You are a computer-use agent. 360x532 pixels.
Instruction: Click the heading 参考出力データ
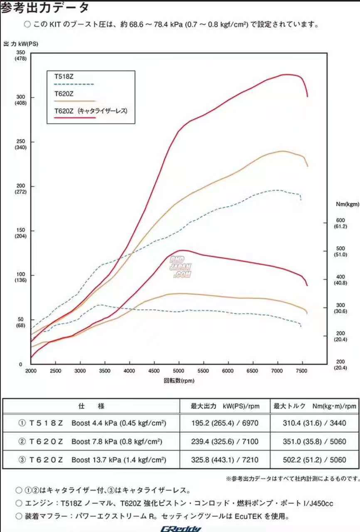coord(44,7)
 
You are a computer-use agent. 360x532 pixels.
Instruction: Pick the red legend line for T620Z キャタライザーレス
coord(75,118)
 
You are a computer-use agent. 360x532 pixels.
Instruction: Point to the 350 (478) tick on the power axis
coord(20,55)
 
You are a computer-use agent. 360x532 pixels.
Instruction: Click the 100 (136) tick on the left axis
coord(20,277)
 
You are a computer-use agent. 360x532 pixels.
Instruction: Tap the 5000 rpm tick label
coord(179,371)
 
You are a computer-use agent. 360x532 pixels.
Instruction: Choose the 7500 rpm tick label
coord(301,371)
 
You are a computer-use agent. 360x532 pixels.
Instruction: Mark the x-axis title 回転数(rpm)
coord(179,380)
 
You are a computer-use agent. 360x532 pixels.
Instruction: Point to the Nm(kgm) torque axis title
coord(347,204)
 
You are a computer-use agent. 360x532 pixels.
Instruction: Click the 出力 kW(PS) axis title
coord(21,44)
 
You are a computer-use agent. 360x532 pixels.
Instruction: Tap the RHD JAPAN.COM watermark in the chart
coord(180,266)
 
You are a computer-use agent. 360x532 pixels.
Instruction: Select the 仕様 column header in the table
coord(91,406)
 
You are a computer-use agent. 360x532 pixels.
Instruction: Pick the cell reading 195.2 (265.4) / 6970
coord(224,424)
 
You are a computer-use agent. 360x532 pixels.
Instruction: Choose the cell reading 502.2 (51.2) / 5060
coord(314,460)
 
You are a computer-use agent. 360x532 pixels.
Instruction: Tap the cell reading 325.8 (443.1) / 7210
coord(224,460)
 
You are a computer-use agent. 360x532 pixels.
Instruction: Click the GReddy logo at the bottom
coord(181,529)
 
